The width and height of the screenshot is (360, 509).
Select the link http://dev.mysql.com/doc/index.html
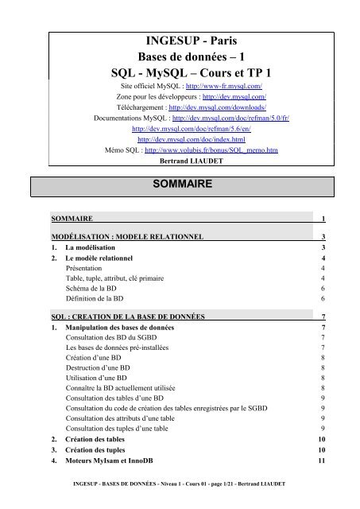pos(180,137)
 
